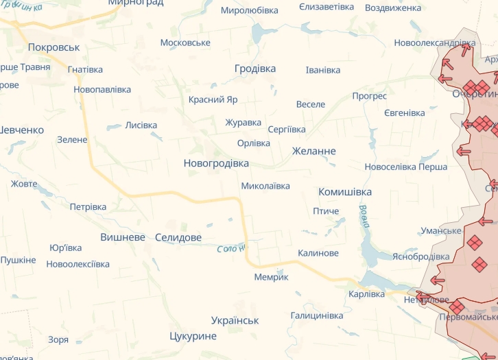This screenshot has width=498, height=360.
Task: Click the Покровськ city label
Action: click(54, 47)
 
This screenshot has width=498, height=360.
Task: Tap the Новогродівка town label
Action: click(216, 163)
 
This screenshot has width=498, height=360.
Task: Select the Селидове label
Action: click(178, 237)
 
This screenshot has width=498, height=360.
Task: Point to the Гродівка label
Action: click(255, 69)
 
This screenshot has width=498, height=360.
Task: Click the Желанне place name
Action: click(314, 151)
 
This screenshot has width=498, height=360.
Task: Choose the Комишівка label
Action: click(345, 192)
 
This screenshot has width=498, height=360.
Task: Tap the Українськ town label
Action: click(235, 320)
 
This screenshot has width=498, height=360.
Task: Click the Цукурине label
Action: click(193, 336)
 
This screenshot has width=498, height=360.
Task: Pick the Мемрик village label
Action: click(272, 277)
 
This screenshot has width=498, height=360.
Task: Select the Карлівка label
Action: click(367, 294)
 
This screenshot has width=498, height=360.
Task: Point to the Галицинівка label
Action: click(317, 315)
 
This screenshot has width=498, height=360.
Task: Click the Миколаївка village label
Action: click(265, 186)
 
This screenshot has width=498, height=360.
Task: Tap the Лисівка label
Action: click(141, 125)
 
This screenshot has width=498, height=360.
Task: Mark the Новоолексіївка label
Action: click(78, 264)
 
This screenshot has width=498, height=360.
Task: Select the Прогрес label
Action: click(370, 96)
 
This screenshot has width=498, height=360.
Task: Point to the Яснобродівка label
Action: click(421, 256)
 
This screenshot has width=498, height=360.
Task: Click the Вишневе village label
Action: click(123, 237)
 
